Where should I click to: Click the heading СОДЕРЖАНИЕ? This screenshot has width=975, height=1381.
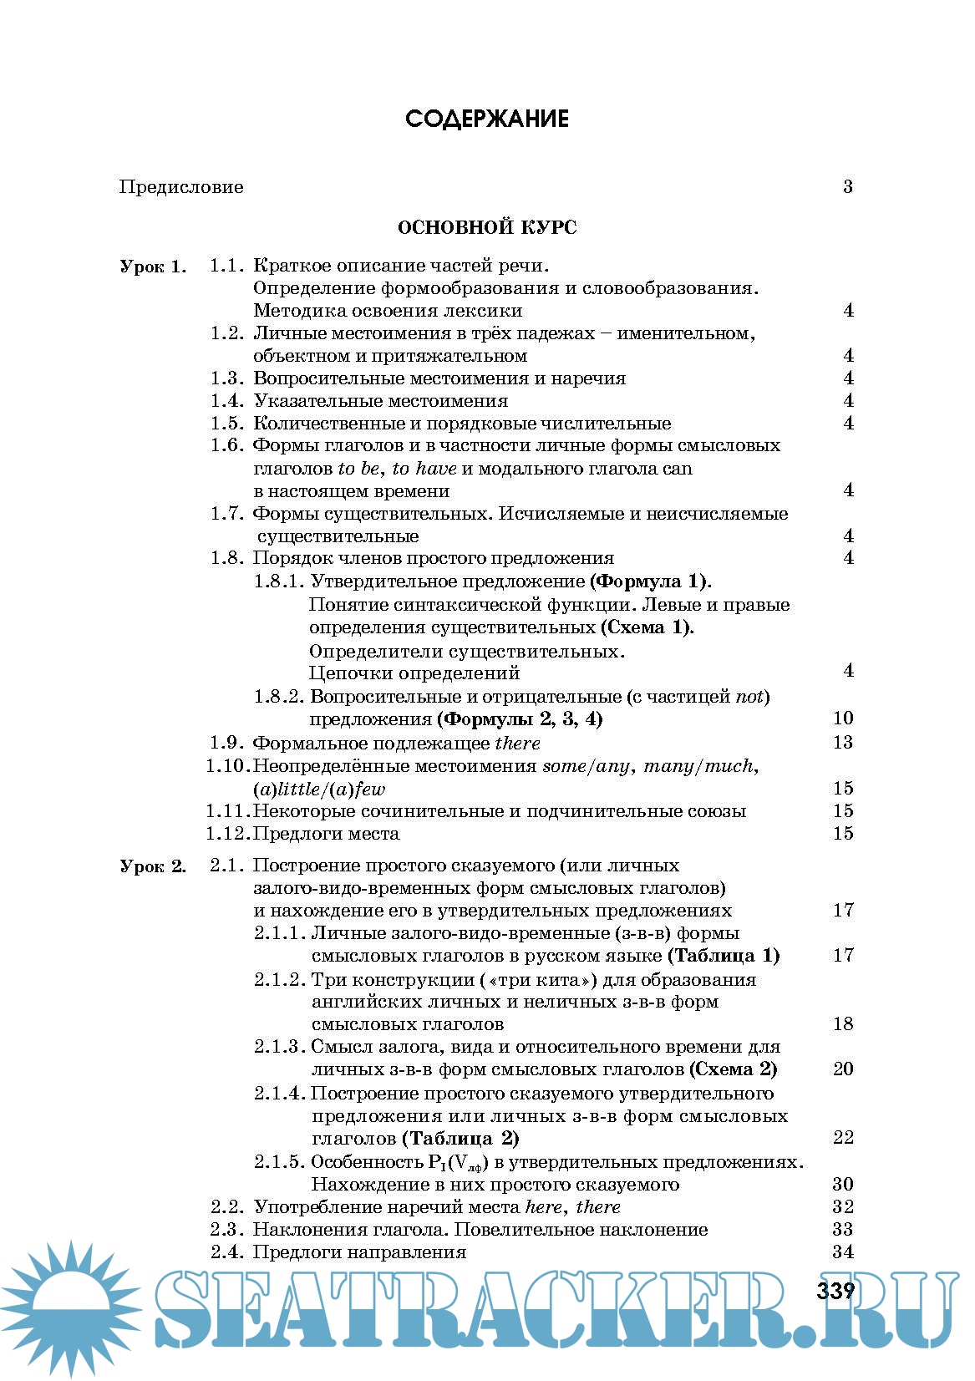(x=487, y=119)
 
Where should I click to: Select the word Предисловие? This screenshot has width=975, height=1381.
(x=181, y=187)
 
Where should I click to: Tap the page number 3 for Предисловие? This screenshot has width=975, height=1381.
(x=847, y=187)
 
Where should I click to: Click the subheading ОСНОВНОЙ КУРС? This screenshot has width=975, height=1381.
(x=487, y=227)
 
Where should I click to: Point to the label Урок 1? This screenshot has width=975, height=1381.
(x=153, y=267)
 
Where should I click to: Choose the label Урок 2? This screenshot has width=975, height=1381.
(x=153, y=866)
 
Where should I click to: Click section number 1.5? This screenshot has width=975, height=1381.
(x=226, y=424)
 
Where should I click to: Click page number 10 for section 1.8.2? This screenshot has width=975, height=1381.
(x=842, y=718)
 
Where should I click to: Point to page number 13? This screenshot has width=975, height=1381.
(x=842, y=743)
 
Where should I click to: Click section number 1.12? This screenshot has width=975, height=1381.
(x=227, y=834)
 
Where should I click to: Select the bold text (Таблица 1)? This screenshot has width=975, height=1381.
(x=724, y=956)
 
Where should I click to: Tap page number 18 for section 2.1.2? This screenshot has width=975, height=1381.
(x=842, y=1024)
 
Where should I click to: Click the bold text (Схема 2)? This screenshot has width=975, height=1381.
(x=734, y=1069)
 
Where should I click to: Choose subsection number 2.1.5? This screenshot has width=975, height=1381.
(x=279, y=1162)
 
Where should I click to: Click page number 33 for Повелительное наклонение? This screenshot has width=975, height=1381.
(x=842, y=1230)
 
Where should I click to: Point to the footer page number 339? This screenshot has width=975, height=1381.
(x=835, y=1291)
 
